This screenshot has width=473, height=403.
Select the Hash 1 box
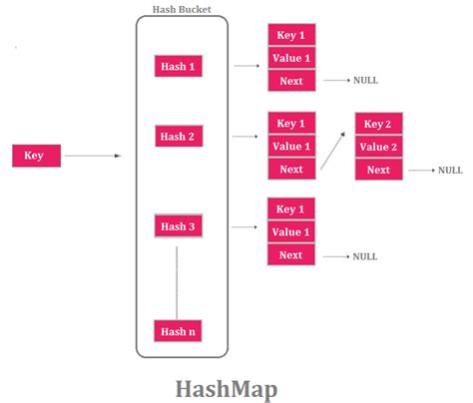(181, 66)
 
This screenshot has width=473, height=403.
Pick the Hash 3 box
(181, 226)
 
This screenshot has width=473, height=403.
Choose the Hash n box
(181, 330)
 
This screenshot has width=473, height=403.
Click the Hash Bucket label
(181, 9)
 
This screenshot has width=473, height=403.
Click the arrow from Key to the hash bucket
(93, 156)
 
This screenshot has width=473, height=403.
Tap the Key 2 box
(378, 125)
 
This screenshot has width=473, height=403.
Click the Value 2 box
(378, 147)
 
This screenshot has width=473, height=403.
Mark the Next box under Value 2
(378, 170)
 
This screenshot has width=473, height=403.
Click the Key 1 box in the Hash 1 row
(291, 35)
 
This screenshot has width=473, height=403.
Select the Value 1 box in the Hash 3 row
(291, 231)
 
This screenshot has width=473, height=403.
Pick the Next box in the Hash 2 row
(291, 169)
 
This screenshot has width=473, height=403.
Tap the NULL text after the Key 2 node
(450, 171)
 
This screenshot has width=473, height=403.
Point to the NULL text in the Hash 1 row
(365, 80)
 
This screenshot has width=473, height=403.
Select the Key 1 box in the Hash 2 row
(291, 124)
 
